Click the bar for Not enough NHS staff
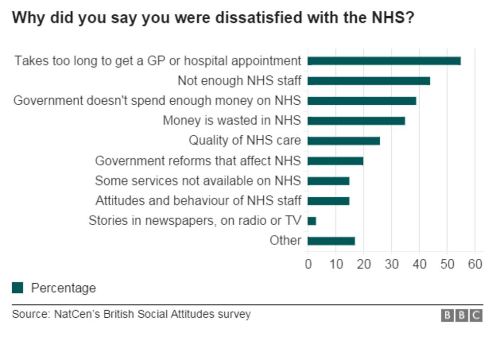[368, 81]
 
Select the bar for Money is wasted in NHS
[356, 121]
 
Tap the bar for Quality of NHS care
[344, 141]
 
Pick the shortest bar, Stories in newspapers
[312, 221]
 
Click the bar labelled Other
[331, 241]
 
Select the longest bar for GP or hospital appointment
[384, 61]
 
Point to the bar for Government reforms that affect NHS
[335, 161]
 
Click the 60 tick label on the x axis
[475, 264]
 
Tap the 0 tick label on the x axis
[308, 264]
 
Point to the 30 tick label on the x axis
[391, 264]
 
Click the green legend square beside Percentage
[18, 288]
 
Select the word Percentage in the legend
[64, 288]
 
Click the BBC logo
[461, 315]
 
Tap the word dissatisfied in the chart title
[255, 18]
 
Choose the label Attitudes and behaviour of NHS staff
[198, 200]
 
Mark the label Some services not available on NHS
[198, 181]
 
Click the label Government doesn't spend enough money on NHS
[157, 101]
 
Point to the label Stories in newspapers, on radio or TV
[195, 221]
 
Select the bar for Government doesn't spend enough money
[362, 101]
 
